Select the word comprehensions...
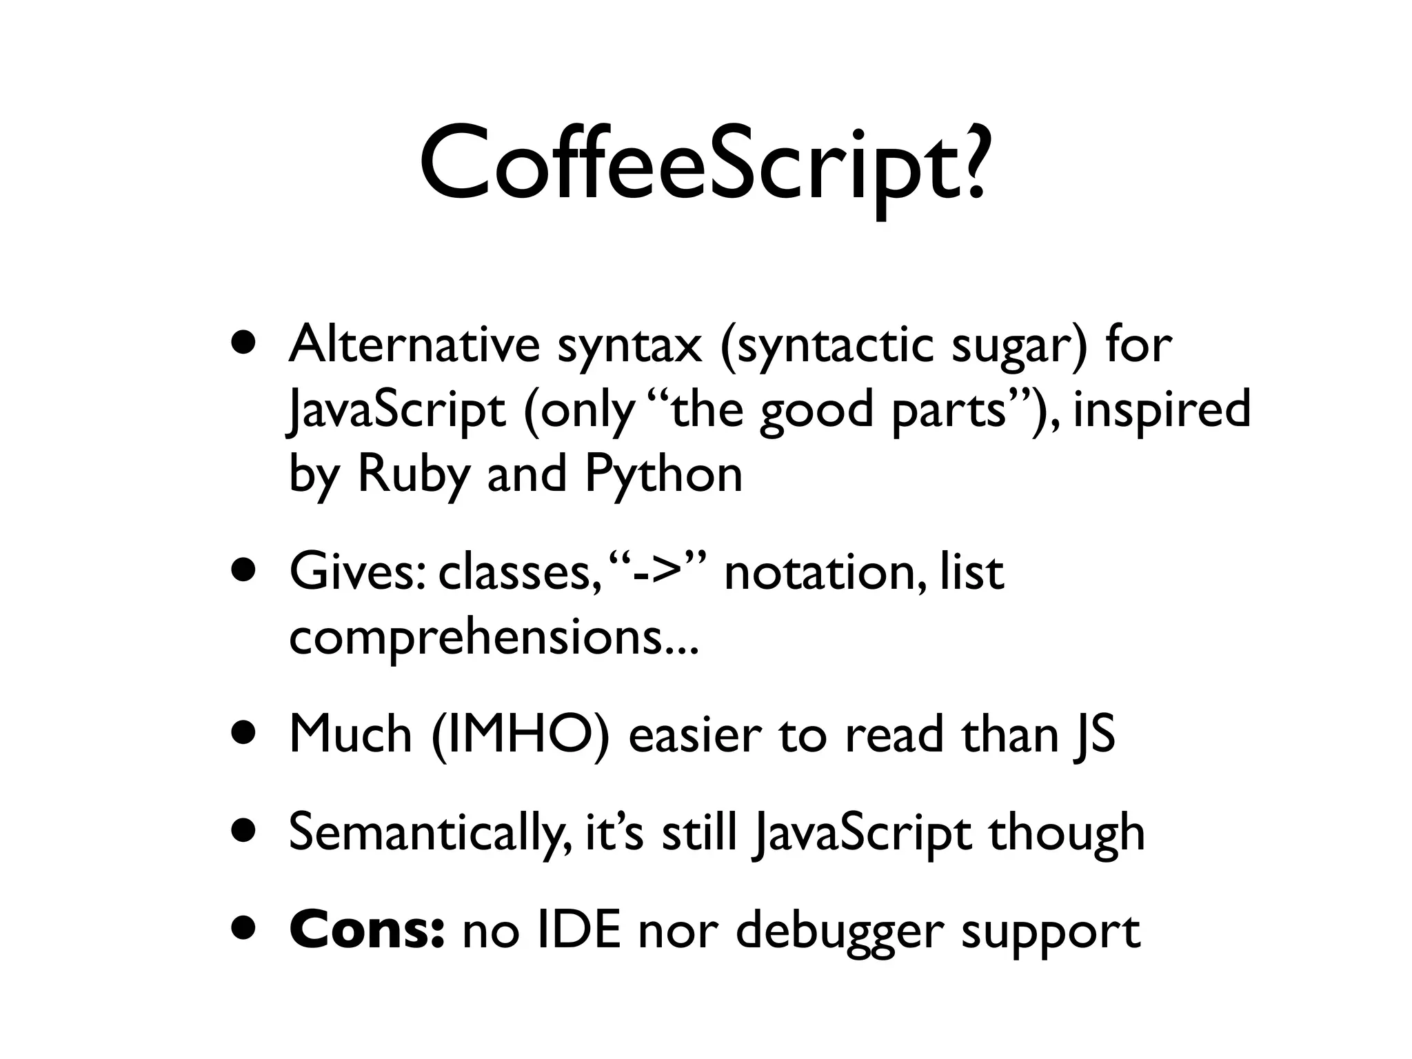(476, 638)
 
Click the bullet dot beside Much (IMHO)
(246, 735)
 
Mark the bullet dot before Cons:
(246, 930)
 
